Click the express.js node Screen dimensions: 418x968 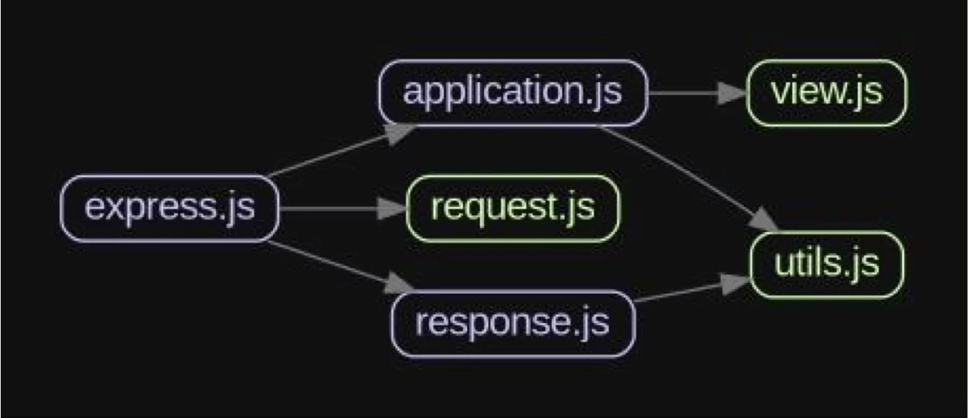[170, 208]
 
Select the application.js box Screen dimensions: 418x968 [513, 93]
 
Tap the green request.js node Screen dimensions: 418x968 [513, 208]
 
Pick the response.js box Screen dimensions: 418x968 [513, 324]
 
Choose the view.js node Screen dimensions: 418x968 [827, 93]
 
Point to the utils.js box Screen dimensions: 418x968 [827, 265]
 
